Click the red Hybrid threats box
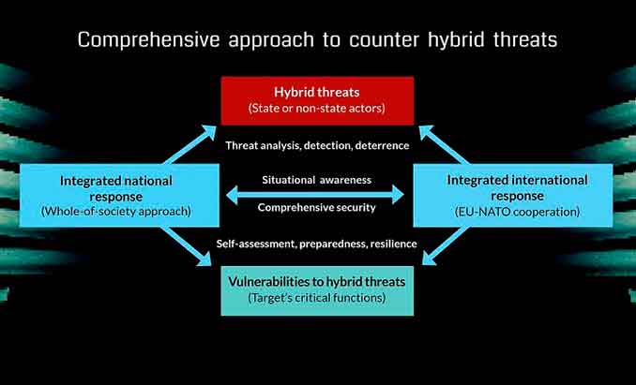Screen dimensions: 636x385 [317, 100]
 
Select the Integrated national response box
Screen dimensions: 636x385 [119, 195]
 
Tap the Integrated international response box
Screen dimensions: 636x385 [513, 195]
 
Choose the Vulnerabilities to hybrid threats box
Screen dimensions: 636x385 [317, 290]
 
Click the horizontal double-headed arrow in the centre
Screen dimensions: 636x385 [315, 195]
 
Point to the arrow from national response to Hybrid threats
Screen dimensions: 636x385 [189, 144]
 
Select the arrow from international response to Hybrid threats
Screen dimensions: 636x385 [444, 144]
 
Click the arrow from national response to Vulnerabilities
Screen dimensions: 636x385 [186, 246]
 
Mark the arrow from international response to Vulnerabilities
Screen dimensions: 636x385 [446, 245]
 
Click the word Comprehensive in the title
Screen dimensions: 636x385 [148, 40]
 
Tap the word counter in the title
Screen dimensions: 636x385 [384, 40]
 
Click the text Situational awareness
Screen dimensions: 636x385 [316, 180]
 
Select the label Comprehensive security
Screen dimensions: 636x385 [316, 208]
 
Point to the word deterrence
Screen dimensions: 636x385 [382, 145]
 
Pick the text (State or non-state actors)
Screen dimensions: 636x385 [317, 108]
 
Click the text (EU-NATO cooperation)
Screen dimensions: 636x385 [517, 212]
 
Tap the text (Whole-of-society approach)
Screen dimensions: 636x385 [116, 212]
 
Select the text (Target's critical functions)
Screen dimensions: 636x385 [317, 298]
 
